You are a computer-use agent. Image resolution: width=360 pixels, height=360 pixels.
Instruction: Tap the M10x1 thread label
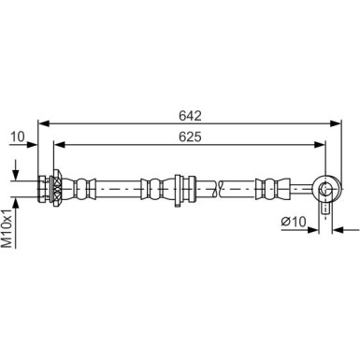pyautogui.click(x=9, y=227)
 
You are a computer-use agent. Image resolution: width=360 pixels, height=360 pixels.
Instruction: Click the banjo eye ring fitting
pyautogui.click(x=325, y=190)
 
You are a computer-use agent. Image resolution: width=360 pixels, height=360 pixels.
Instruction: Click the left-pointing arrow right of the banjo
pyautogui.click(x=338, y=227)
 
